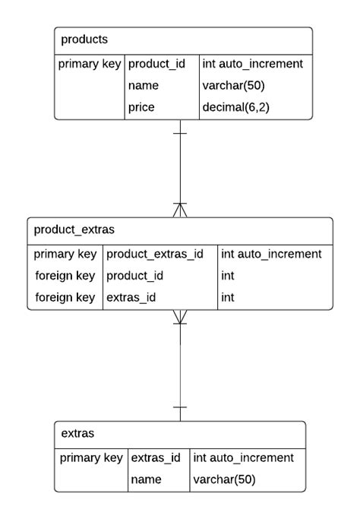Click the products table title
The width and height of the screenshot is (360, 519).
pos(84,40)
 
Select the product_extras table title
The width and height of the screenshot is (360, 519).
pos(74,229)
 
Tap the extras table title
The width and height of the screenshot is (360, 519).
pos(77,433)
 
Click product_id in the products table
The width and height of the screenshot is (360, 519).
pos(156,64)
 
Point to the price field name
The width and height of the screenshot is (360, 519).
pos(141,107)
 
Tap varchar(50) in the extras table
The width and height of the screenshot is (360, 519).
pos(224,479)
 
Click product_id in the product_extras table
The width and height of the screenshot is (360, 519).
pos(135,276)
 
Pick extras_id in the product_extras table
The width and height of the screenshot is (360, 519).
pos(131,298)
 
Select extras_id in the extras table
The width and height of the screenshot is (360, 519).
pos(156,457)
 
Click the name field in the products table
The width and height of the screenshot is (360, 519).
pos(144,86)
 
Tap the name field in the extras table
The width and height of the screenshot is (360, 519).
pos(146,479)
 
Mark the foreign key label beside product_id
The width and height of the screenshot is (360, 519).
pos(65,276)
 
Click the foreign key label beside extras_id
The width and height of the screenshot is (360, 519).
pos(65,298)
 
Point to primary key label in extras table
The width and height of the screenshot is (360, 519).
pos(91,457)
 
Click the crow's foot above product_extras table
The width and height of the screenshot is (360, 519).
pos(180,210)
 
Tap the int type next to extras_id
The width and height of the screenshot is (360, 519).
pos(228,298)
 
